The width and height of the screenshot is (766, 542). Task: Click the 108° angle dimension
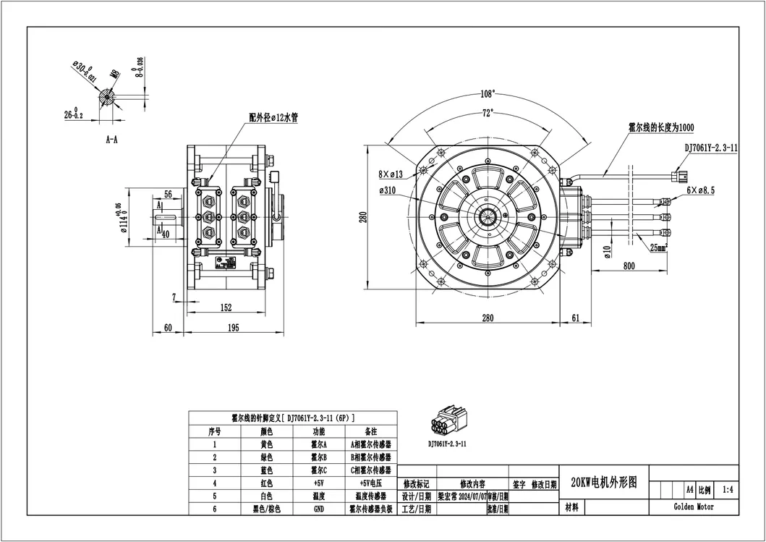pyautogui.click(x=487, y=94)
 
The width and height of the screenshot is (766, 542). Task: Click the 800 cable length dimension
pyautogui.click(x=628, y=266)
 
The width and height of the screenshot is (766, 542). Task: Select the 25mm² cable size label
pyautogui.click(x=659, y=247)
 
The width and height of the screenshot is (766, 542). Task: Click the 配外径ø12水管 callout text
pyautogui.click(x=273, y=117)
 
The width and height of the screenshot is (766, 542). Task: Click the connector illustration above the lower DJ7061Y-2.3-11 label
pyautogui.click(x=446, y=423)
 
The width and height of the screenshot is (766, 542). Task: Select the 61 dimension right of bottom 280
pyautogui.click(x=576, y=318)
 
